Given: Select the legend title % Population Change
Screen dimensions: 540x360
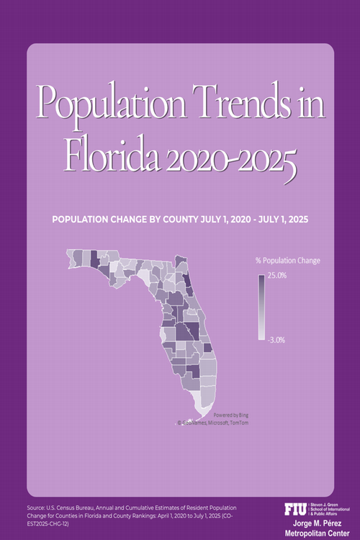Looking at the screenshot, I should coord(288,260).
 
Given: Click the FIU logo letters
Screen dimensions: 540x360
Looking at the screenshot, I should coord(295,509).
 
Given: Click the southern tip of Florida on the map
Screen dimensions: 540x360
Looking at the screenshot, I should coord(204,413).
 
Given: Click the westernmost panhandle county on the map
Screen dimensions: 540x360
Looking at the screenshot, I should coord(71,256).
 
